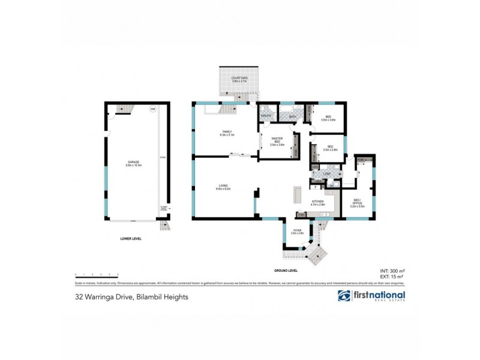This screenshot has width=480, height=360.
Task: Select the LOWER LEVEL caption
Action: (130, 239)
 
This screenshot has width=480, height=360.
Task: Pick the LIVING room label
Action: (224, 187)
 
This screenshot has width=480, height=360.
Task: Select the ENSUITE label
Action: (266, 115)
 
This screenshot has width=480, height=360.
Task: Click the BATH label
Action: (292, 115)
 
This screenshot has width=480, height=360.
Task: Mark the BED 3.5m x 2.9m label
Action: (330, 148)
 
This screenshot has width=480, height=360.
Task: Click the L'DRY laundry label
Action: (327, 174)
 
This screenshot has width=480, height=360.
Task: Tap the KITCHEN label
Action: (317, 203)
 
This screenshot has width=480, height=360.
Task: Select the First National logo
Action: (371, 296)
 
